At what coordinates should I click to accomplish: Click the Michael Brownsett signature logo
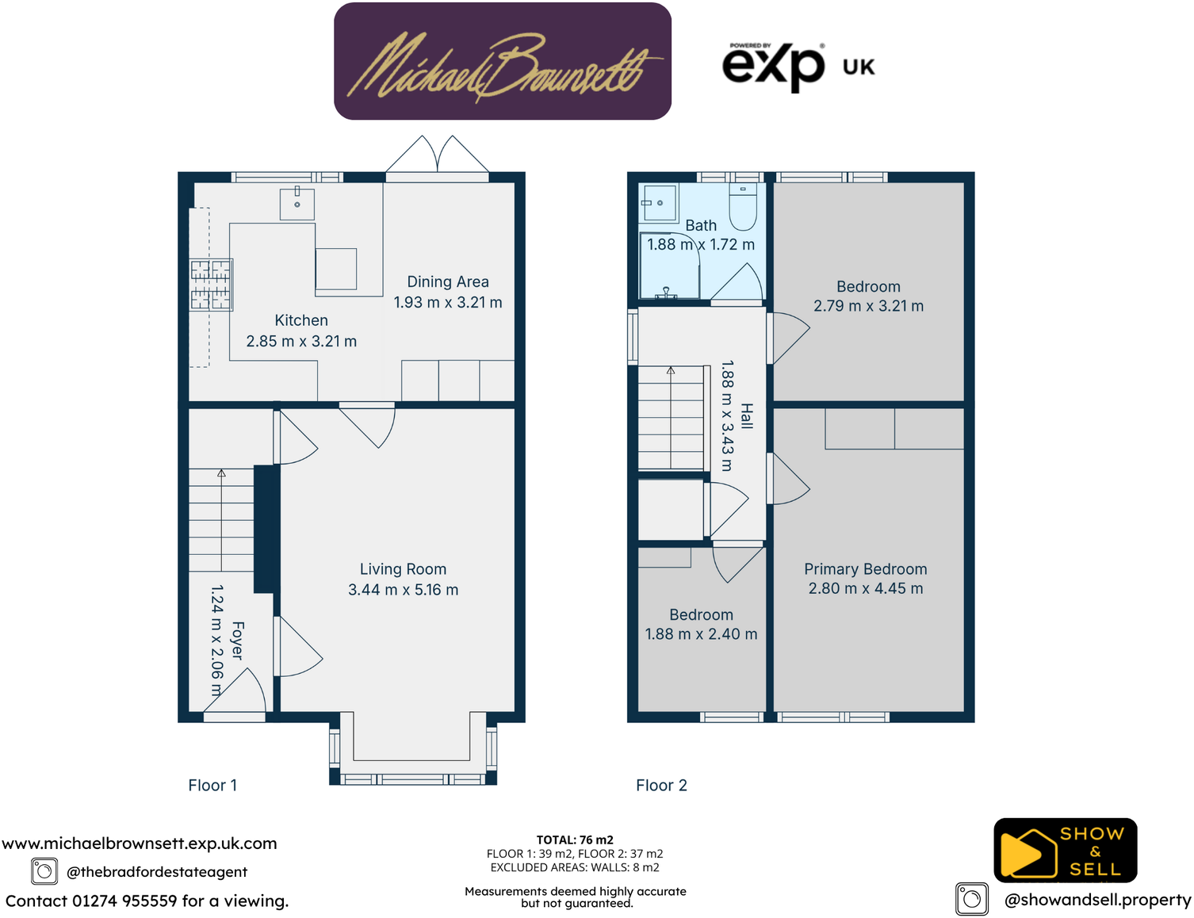tap(503, 62)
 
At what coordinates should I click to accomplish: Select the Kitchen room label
tap(301, 320)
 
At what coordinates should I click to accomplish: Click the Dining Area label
tap(448, 281)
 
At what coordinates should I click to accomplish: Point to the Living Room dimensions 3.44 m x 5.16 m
tap(403, 590)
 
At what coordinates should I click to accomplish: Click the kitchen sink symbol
tap(297, 204)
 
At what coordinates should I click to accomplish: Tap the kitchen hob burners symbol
tap(211, 285)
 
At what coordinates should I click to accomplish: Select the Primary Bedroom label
tap(865, 569)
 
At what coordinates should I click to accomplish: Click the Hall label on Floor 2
tap(746, 416)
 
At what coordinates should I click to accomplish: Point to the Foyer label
tap(237, 641)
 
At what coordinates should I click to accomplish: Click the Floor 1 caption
tap(212, 786)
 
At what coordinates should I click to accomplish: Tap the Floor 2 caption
tap(661, 786)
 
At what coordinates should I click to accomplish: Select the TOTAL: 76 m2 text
tap(575, 840)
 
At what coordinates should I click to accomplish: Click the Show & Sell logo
tap(1065, 851)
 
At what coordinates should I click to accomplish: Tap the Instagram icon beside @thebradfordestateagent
tap(44, 871)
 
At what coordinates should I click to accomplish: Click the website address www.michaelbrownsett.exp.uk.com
tap(140, 843)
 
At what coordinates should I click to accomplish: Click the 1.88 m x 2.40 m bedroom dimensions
tap(701, 634)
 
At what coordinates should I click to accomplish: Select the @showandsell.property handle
tap(1097, 900)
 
